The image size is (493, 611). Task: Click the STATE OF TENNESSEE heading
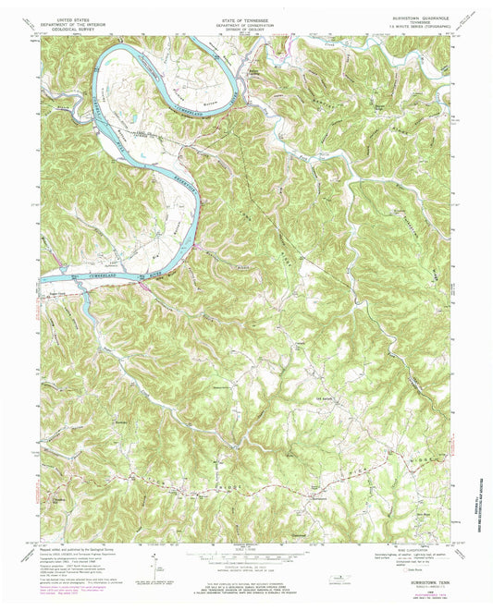245,17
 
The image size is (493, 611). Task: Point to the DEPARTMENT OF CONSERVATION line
245,22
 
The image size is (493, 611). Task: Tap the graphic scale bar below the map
245,556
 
